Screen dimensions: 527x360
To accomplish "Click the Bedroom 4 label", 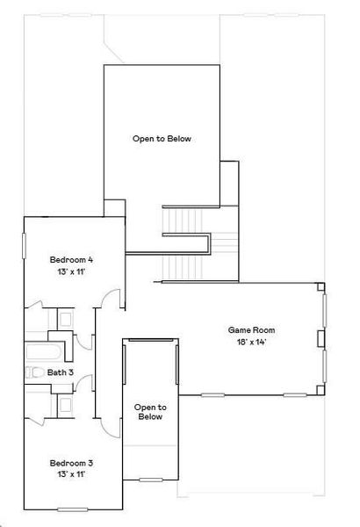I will [71, 259].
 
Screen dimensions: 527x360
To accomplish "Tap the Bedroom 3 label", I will [71, 462].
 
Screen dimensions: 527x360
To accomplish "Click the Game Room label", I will [248, 330].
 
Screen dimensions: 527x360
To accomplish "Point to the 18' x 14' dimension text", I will [248, 342].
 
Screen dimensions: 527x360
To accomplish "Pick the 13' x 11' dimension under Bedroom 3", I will [71, 473].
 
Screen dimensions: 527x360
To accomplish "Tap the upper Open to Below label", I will [162, 139].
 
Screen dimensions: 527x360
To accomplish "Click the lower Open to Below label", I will [150, 412].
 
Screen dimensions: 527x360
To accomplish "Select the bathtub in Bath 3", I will [43, 353].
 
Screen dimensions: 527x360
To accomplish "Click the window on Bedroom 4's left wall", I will [24, 245].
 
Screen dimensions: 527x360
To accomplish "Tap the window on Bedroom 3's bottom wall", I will [73, 509].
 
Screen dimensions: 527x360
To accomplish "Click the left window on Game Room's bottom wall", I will [213, 394].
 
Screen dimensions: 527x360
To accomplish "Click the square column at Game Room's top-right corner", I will [320, 286].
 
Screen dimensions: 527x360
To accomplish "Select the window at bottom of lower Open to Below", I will [151, 480].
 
